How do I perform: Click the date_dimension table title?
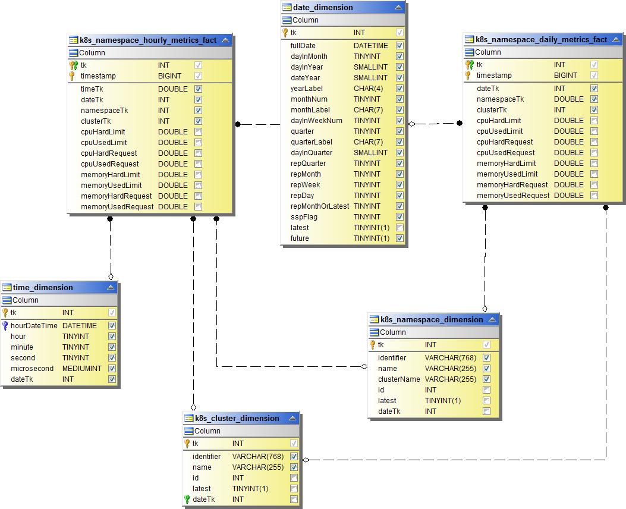pos(323,8)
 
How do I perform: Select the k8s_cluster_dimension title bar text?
pos(237,418)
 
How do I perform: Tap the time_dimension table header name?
pos(43,287)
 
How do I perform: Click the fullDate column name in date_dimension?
pos(303,46)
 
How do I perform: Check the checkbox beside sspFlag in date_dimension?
pos(399,217)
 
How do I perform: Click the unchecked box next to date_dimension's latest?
pos(399,228)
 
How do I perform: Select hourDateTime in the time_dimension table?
pos(34,326)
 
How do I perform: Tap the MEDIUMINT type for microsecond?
pos(81,369)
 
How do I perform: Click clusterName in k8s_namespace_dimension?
pos(399,379)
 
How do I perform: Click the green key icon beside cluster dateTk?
pos(187,499)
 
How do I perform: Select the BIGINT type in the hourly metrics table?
pos(169,76)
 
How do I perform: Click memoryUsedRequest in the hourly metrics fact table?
pos(117,207)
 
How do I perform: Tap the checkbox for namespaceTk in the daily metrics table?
pos(594,99)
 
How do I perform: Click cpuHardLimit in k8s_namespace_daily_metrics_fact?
pos(499,121)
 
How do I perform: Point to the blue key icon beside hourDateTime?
pos(5,326)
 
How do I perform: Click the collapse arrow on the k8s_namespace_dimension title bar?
pos(492,319)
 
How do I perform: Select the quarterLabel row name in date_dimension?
pos(311,142)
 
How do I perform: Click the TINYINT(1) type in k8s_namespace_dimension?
pos(442,401)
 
